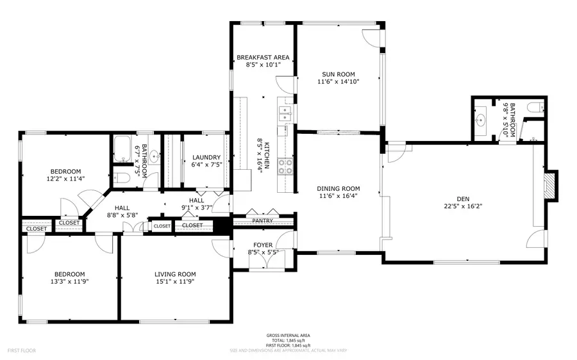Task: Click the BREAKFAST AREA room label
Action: pyautogui.click(x=263, y=58)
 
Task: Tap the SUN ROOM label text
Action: pyautogui.click(x=338, y=74)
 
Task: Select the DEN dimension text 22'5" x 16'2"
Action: pyautogui.click(x=464, y=206)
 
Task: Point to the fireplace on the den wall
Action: pyautogui.click(x=549, y=186)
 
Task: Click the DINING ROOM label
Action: pyautogui.click(x=338, y=188)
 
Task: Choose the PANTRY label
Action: pyautogui.click(x=262, y=221)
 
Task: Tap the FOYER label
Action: pyautogui.click(x=263, y=245)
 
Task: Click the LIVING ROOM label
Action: pyautogui.click(x=175, y=274)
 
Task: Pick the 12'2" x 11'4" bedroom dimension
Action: pyautogui.click(x=66, y=179)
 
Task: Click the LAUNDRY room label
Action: pyautogui.click(x=206, y=158)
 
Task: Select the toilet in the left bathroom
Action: pyautogui.click(x=123, y=177)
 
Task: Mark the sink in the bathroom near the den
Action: pyautogui.click(x=481, y=119)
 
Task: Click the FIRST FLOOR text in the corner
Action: pyautogui.click(x=21, y=350)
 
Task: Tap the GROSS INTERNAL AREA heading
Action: pyautogui.click(x=288, y=336)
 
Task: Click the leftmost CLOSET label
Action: pyautogui.click(x=37, y=229)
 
